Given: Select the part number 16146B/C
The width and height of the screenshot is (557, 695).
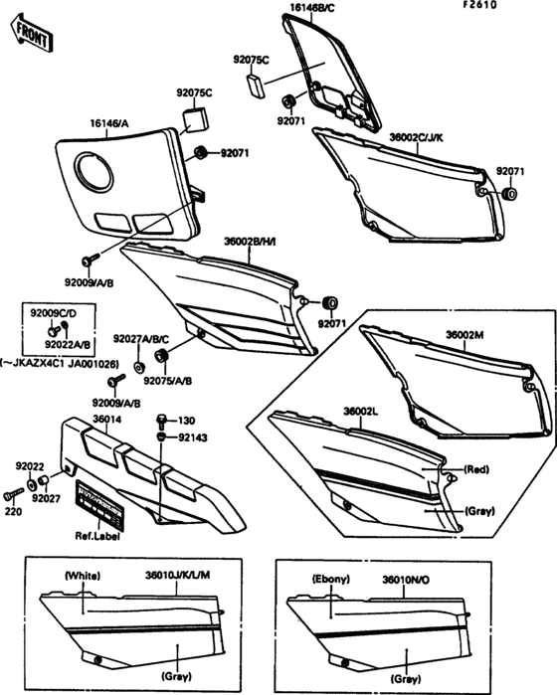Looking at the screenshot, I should click(x=312, y=8).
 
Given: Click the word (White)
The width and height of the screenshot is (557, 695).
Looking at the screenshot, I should click(x=83, y=576).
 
